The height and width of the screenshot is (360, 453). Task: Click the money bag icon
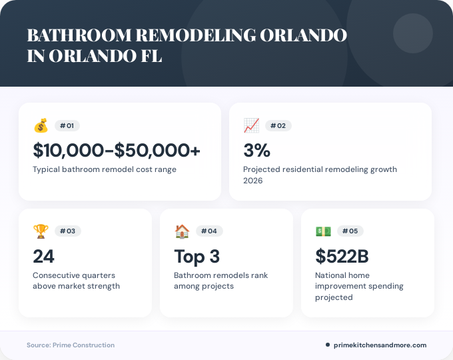point(41,125)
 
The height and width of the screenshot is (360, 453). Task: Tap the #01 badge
point(67,125)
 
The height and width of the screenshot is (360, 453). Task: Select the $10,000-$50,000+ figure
point(117,151)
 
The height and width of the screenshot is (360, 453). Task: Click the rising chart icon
point(251,125)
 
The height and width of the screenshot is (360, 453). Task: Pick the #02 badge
point(278,125)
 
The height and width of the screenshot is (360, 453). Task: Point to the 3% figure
point(256,151)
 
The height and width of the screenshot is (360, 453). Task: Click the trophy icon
point(41,231)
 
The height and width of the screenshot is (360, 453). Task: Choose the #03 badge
point(67,231)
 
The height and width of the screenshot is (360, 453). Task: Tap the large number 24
point(43,257)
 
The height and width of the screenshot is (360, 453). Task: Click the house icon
point(182,231)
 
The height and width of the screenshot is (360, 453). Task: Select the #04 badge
point(209,231)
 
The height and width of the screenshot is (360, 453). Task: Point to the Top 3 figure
point(197,257)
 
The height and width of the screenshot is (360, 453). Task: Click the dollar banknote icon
point(323,231)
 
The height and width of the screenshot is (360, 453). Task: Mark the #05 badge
point(350,231)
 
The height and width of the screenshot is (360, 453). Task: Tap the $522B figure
point(342,257)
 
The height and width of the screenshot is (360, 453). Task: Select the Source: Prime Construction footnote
point(71,345)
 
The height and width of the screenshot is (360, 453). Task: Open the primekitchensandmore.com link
point(380,345)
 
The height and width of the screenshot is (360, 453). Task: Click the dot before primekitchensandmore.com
point(327,345)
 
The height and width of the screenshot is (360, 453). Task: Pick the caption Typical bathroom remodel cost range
point(105,169)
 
